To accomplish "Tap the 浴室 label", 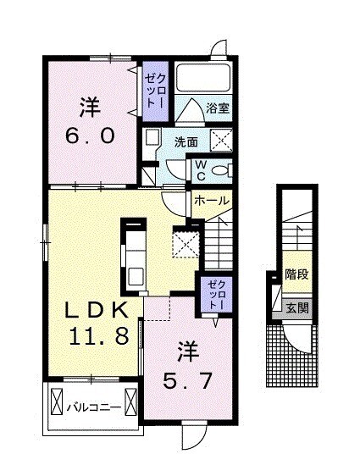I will coord(218,108).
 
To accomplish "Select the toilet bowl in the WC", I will coord(222,169).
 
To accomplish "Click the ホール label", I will coord(211,200).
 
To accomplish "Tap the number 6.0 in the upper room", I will coord(91,136).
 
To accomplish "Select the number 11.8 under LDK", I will coord(99,335).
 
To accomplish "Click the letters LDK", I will coord(98,308).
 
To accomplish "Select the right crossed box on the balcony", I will coord(131,400).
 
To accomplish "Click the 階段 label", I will coord(296,274).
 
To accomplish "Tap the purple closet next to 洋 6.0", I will coord(154,91).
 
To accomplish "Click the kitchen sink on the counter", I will coord(136,275).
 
